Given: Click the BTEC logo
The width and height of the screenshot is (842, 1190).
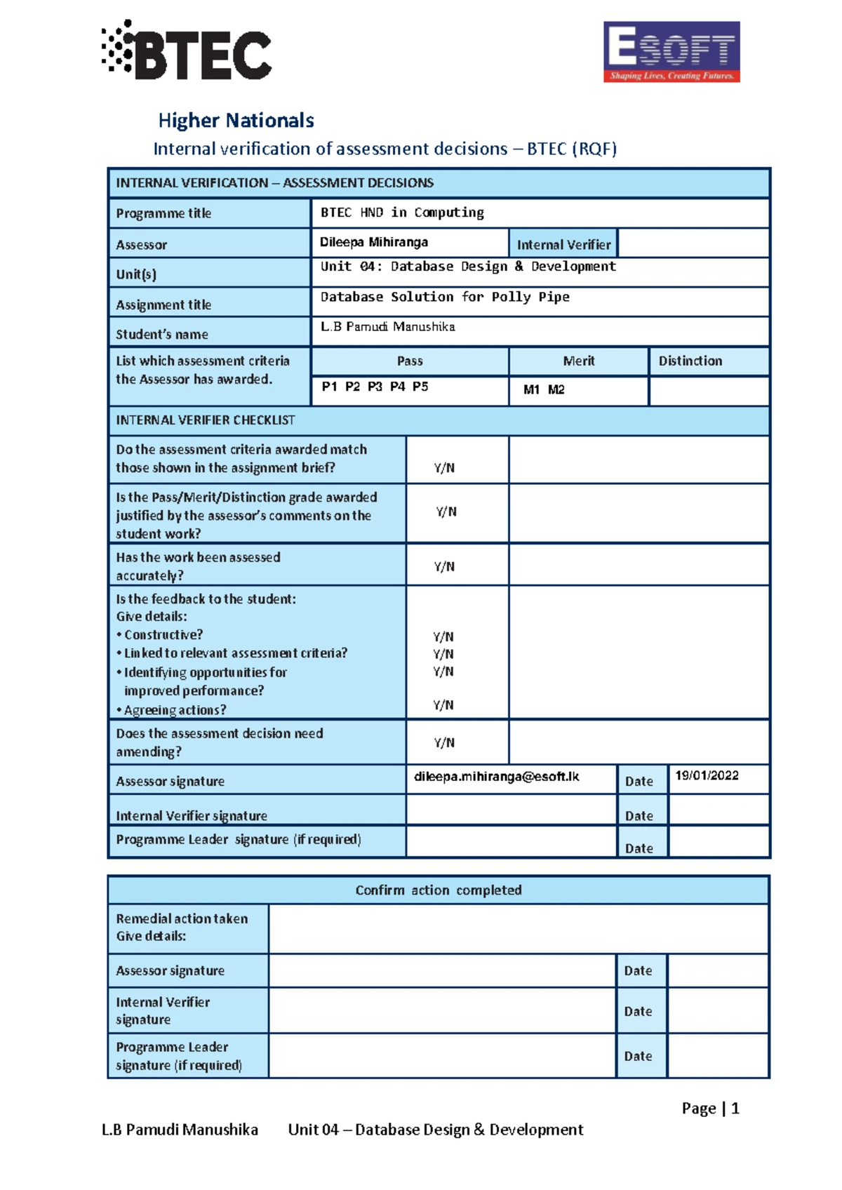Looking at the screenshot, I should tap(187, 51).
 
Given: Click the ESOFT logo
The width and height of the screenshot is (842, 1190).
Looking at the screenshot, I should tap(671, 52).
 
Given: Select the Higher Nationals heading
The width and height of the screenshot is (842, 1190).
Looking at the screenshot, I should tap(236, 121).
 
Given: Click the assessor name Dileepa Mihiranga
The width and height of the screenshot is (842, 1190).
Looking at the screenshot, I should tap(374, 242).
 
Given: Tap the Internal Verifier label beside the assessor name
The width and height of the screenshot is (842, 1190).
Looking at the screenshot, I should tap(563, 244).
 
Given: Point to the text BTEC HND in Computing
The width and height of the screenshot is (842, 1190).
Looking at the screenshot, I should tap(402, 213).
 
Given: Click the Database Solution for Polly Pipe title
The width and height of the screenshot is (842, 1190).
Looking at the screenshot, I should tap(445, 297).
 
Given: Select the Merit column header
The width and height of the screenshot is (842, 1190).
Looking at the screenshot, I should tap(578, 361).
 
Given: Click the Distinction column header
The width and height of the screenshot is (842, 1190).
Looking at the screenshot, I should tap(690, 361).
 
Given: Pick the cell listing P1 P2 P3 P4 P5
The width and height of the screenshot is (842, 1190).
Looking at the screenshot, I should tap(375, 387).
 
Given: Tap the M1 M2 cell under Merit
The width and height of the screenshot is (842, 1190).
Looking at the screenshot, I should tap(544, 389).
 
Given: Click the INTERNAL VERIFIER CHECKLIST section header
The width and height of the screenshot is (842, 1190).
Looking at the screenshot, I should tap(206, 420).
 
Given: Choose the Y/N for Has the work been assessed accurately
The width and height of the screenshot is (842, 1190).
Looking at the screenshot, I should tap(444, 566).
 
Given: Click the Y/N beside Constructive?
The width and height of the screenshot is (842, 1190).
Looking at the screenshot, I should tap(443, 636).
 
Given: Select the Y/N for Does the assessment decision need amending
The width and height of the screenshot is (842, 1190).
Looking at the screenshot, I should tap(444, 742).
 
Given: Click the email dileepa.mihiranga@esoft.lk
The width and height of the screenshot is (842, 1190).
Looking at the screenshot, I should tap(496, 776).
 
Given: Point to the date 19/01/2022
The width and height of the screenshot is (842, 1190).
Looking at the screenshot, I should tap(707, 775).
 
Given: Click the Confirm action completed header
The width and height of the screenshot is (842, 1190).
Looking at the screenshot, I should tap(439, 890).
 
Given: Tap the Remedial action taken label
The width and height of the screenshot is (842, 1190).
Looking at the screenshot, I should tap(182, 918).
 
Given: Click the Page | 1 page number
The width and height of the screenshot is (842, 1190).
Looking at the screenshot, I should tap(710, 1108).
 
